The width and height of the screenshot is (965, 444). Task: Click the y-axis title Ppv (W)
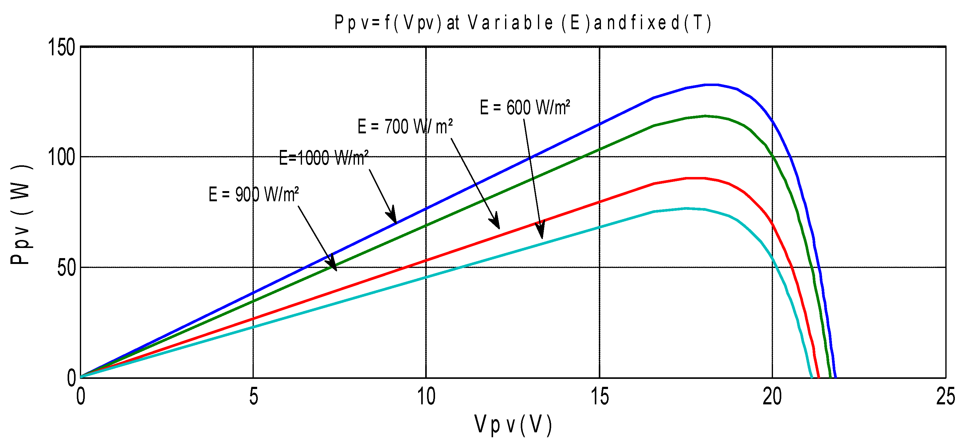coord(21,214)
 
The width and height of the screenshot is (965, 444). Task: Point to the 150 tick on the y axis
coord(61,48)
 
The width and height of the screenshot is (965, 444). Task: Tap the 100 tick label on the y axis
coord(61,157)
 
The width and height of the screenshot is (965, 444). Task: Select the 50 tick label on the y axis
coord(66,268)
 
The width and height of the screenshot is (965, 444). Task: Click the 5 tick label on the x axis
coord(253,396)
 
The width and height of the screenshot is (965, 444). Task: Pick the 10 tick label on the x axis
coord(426,396)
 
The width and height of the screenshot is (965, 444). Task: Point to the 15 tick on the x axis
coord(600,396)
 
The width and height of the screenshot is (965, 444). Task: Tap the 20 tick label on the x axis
coord(772,396)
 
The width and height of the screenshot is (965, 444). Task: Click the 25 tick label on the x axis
coord(945,396)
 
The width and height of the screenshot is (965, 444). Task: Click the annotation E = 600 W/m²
coord(525,108)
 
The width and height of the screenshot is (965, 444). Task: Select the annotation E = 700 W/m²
coord(405,126)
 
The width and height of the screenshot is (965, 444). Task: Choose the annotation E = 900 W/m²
coord(253,194)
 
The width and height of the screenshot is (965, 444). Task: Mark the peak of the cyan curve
coord(686,208)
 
